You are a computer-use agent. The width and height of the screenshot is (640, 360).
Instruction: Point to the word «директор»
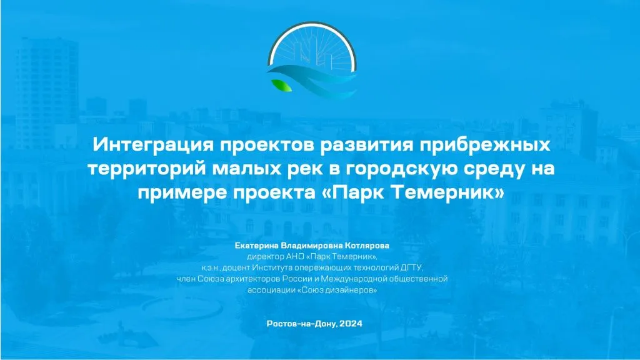coord(266,257)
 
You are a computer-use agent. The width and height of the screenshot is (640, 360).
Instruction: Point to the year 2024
coord(352,324)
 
